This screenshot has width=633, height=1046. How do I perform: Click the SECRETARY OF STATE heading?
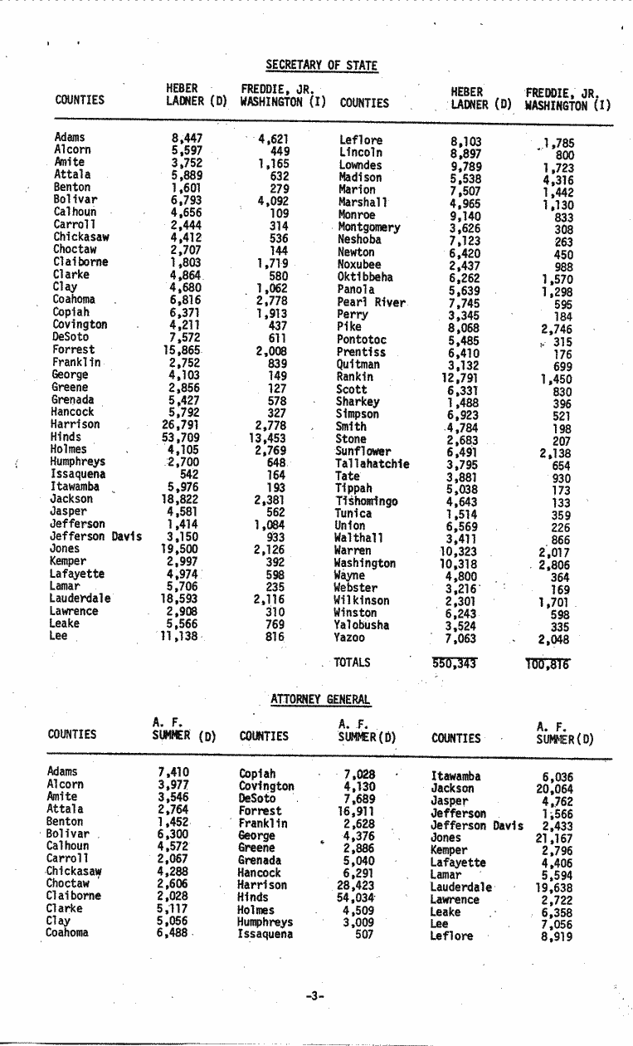pyautogui.click(x=321, y=65)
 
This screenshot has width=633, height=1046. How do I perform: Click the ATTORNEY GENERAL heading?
pyautogui.click(x=320, y=701)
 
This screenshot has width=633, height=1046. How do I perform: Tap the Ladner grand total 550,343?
pyautogui.click(x=456, y=663)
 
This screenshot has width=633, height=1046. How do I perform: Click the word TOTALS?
pyautogui.click(x=352, y=662)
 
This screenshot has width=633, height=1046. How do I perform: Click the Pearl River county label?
pyautogui.click(x=371, y=302)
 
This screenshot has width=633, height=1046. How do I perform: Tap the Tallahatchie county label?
pyautogui.click(x=372, y=463)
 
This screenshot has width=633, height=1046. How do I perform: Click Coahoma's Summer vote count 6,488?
pyautogui.click(x=173, y=932)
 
